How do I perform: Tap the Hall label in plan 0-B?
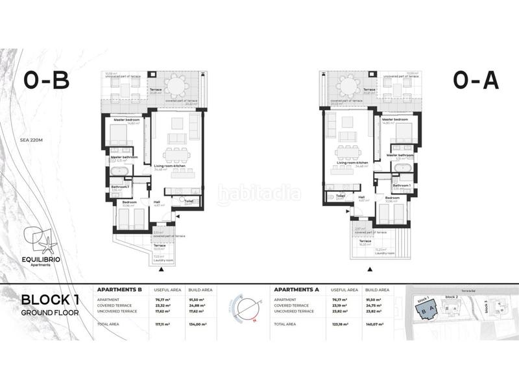coord(156,201)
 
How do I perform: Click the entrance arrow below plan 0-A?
coord(369,268)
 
